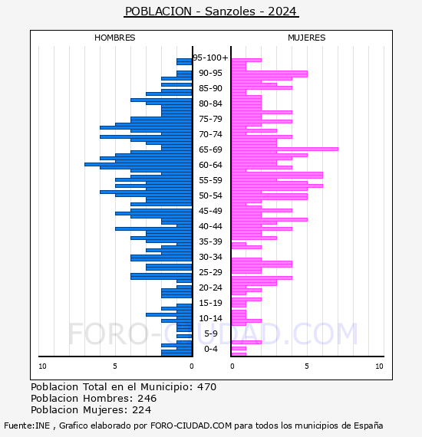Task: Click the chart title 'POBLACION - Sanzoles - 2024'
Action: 211,11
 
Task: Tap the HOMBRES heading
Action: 114,38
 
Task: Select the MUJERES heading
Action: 307,38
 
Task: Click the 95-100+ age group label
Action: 210,58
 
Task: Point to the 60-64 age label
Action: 210,165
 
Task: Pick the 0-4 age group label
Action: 210,349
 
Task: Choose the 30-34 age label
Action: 210,257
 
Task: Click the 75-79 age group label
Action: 210,119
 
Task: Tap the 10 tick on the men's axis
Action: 42,366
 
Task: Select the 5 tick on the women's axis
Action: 307,366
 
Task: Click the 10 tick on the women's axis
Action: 379,366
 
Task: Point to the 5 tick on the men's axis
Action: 115,366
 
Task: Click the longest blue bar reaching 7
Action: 138,164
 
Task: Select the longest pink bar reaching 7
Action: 285,149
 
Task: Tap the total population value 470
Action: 206,387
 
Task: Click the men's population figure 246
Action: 147,398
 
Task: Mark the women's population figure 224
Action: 141,409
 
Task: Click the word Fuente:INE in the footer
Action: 27,426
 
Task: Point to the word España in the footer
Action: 368,426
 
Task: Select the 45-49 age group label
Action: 210,211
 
